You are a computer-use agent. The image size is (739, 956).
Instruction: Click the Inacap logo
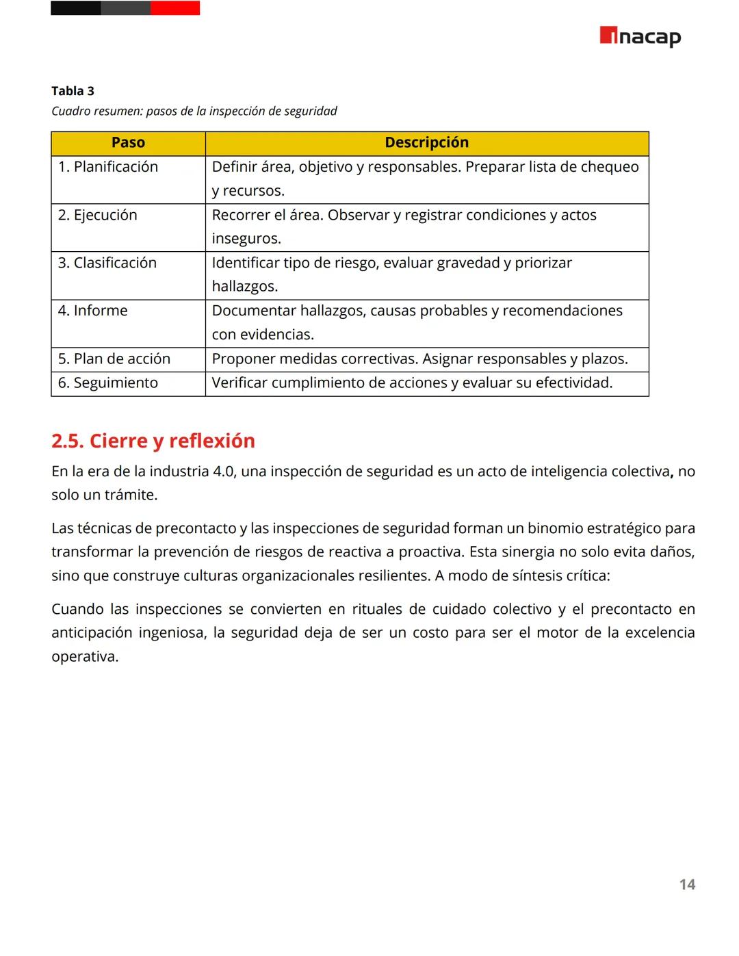(x=640, y=36)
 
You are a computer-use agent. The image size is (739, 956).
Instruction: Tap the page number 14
(x=687, y=884)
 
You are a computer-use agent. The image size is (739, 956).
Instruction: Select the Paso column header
(x=128, y=143)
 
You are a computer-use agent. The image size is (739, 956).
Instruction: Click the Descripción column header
(x=426, y=143)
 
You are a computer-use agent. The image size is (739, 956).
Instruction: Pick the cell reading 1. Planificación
(x=108, y=167)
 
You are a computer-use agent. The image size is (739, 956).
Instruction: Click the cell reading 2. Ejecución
(x=98, y=215)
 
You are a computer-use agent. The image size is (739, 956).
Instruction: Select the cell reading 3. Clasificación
(x=107, y=263)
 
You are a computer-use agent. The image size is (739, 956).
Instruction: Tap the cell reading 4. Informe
(x=93, y=311)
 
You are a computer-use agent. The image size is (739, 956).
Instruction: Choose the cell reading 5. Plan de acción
(x=114, y=359)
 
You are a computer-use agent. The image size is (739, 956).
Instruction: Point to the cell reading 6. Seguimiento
(x=108, y=383)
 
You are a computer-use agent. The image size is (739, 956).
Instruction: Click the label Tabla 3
(x=73, y=91)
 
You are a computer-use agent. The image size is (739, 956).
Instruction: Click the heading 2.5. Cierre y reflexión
(x=153, y=441)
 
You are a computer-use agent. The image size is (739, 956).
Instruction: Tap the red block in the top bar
(x=175, y=8)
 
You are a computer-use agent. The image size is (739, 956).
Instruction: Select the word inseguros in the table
(x=246, y=239)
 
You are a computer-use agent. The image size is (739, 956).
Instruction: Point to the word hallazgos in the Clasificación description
(x=244, y=287)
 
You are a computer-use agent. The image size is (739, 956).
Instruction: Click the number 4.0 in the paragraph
(x=224, y=471)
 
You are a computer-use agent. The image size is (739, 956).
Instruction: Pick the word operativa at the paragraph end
(x=83, y=657)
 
